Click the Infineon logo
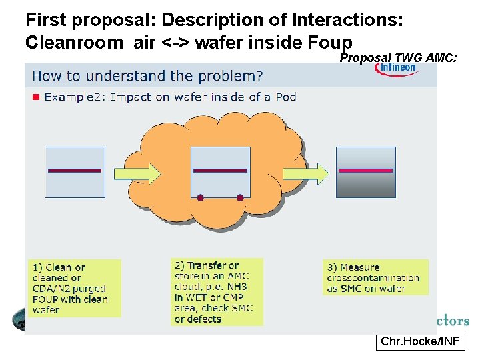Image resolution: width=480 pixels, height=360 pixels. coord(398,69)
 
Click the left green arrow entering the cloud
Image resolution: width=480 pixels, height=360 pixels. coord(137,174)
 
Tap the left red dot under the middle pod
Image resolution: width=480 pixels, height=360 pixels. coord(200,197)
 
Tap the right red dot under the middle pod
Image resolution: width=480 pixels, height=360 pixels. coord(240,197)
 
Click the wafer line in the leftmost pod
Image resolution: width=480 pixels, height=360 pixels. coord(75,171)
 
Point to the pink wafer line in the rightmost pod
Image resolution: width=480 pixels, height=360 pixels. coord(366,171)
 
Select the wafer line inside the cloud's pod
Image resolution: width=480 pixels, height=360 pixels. coord(220,171)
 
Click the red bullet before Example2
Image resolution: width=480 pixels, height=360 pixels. coord(37,97)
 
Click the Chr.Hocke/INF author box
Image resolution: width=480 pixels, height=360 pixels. coord(419,342)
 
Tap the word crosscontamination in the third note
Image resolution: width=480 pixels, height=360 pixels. coord(373,278)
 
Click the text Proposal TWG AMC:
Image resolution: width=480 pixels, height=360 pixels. coord(398,58)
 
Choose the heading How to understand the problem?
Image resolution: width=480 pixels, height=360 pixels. coord(147,75)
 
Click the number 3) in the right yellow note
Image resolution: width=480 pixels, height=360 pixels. coord(332,267)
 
